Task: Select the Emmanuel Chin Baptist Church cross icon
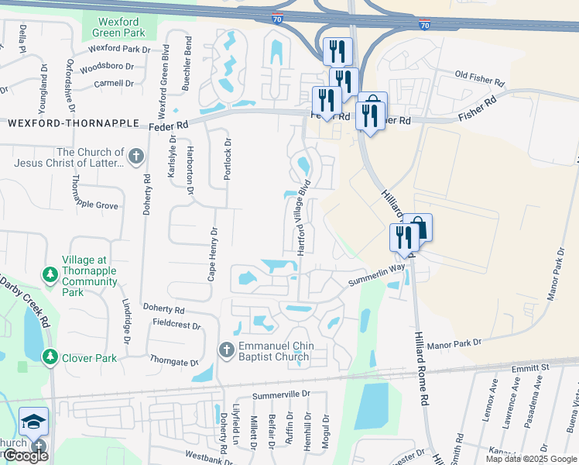[x=226, y=350]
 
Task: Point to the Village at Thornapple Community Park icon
[x=50, y=275]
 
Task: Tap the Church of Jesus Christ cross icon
[x=136, y=157]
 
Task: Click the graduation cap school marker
[x=33, y=421]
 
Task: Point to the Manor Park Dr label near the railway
[x=454, y=342]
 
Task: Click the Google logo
[x=26, y=456]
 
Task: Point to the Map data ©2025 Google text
[x=530, y=459]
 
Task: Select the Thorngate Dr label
[x=174, y=361]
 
